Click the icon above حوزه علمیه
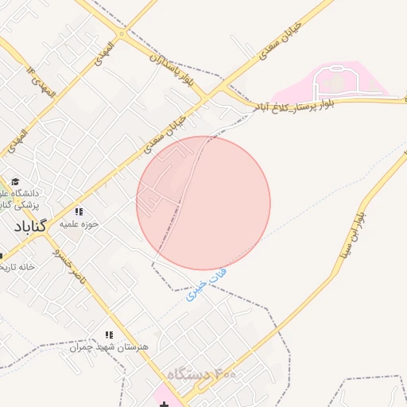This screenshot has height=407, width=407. coord(79,211)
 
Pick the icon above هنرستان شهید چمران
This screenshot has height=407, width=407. coord(109,335)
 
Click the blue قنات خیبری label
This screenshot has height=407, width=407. coord(196,288)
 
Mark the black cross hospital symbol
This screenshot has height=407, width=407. coord(165,405)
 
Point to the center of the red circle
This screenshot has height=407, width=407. coord(203,203)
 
